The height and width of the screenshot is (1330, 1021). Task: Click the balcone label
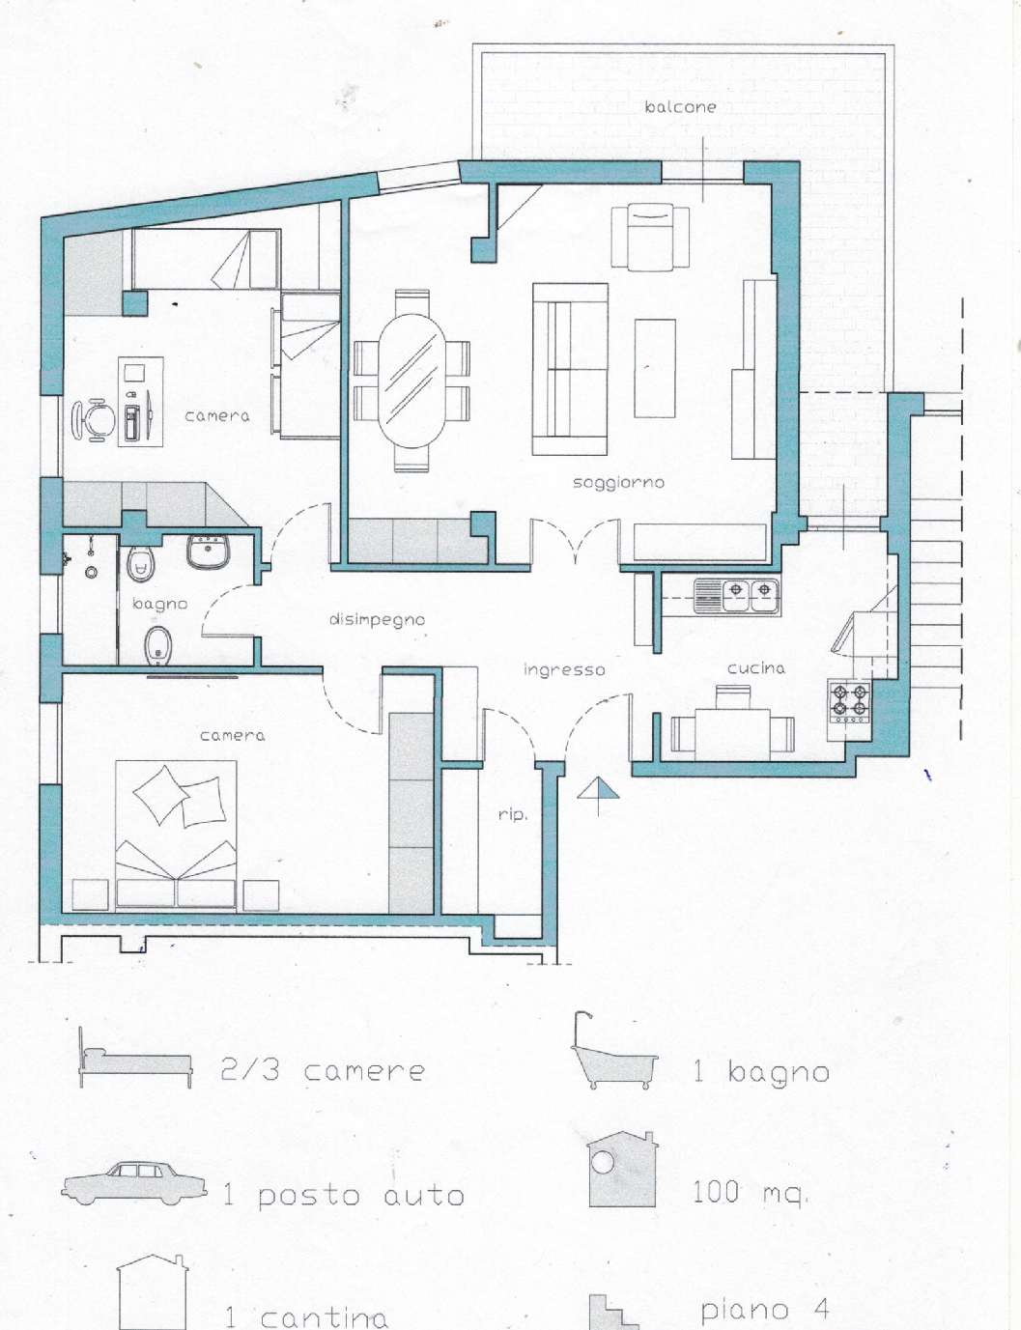(680, 107)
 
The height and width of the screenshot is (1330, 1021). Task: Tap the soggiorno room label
(618, 483)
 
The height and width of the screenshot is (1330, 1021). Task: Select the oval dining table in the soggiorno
(411, 381)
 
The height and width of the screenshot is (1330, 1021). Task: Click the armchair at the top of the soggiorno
(650, 237)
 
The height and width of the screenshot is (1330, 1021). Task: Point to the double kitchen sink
(737, 596)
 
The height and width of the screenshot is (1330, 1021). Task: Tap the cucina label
(756, 667)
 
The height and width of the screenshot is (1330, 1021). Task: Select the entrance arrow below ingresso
(598, 796)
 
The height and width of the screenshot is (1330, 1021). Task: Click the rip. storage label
(512, 814)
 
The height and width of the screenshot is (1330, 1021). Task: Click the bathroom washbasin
(208, 552)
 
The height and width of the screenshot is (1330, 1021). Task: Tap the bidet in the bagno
(158, 645)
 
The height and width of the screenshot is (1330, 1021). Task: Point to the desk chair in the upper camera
(93, 419)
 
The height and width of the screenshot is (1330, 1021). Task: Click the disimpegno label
(377, 620)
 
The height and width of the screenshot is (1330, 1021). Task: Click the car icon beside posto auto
(134, 1183)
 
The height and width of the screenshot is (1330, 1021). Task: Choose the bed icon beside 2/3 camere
(135, 1057)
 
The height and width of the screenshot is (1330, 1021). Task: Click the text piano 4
(765, 1309)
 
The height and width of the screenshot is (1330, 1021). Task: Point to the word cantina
(325, 1316)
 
